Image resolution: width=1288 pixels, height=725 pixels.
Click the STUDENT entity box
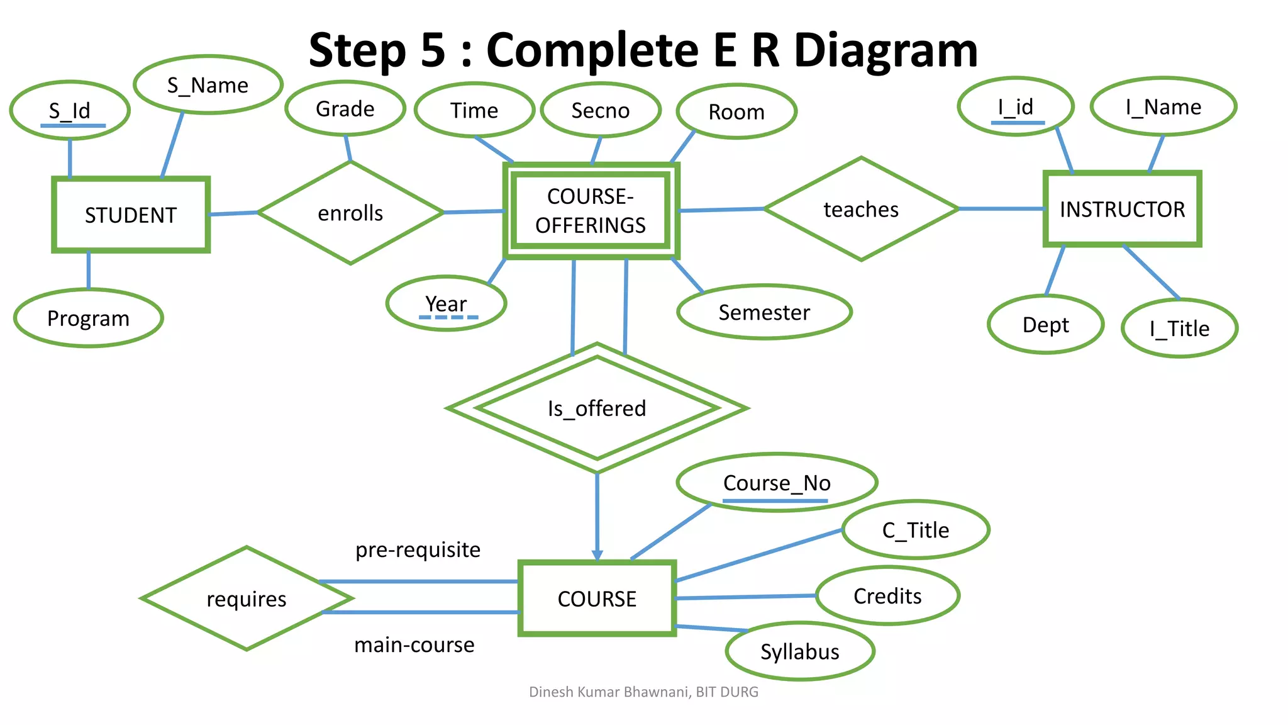tap(131, 215)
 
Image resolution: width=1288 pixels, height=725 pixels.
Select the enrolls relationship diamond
tap(350, 213)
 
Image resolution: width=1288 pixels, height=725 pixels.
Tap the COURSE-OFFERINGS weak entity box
tap(591, 211)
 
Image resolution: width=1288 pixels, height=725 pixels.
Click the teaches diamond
tap(861, 209)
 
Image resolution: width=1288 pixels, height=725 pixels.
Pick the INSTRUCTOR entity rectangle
tap(1122, 209)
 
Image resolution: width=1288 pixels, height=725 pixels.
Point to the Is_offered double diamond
tap(597, 408)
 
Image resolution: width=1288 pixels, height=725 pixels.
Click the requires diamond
tap(247, 599)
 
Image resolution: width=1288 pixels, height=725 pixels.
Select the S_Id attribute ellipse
tap(70, 111)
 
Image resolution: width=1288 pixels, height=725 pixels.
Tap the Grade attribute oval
tap(345, 108)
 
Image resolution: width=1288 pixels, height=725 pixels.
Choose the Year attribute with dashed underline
tap(446, 304)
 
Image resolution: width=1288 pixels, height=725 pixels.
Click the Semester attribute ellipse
tap(764, 312)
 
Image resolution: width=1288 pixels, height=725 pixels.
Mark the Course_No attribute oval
tap(777, 483)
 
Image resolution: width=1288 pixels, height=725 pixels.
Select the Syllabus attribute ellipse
tap(799, 651)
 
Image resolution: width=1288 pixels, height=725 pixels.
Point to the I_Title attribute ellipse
tap(1179, 329)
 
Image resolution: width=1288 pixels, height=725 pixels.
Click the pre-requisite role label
tap(418, 549)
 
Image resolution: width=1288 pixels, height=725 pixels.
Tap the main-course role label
tap(414, 644)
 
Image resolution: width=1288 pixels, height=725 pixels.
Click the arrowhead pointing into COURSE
tap(597, 555)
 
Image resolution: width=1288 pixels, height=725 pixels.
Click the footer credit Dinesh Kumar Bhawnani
tap(609, 692)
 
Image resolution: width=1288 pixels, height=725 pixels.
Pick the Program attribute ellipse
tap(88, 318)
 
